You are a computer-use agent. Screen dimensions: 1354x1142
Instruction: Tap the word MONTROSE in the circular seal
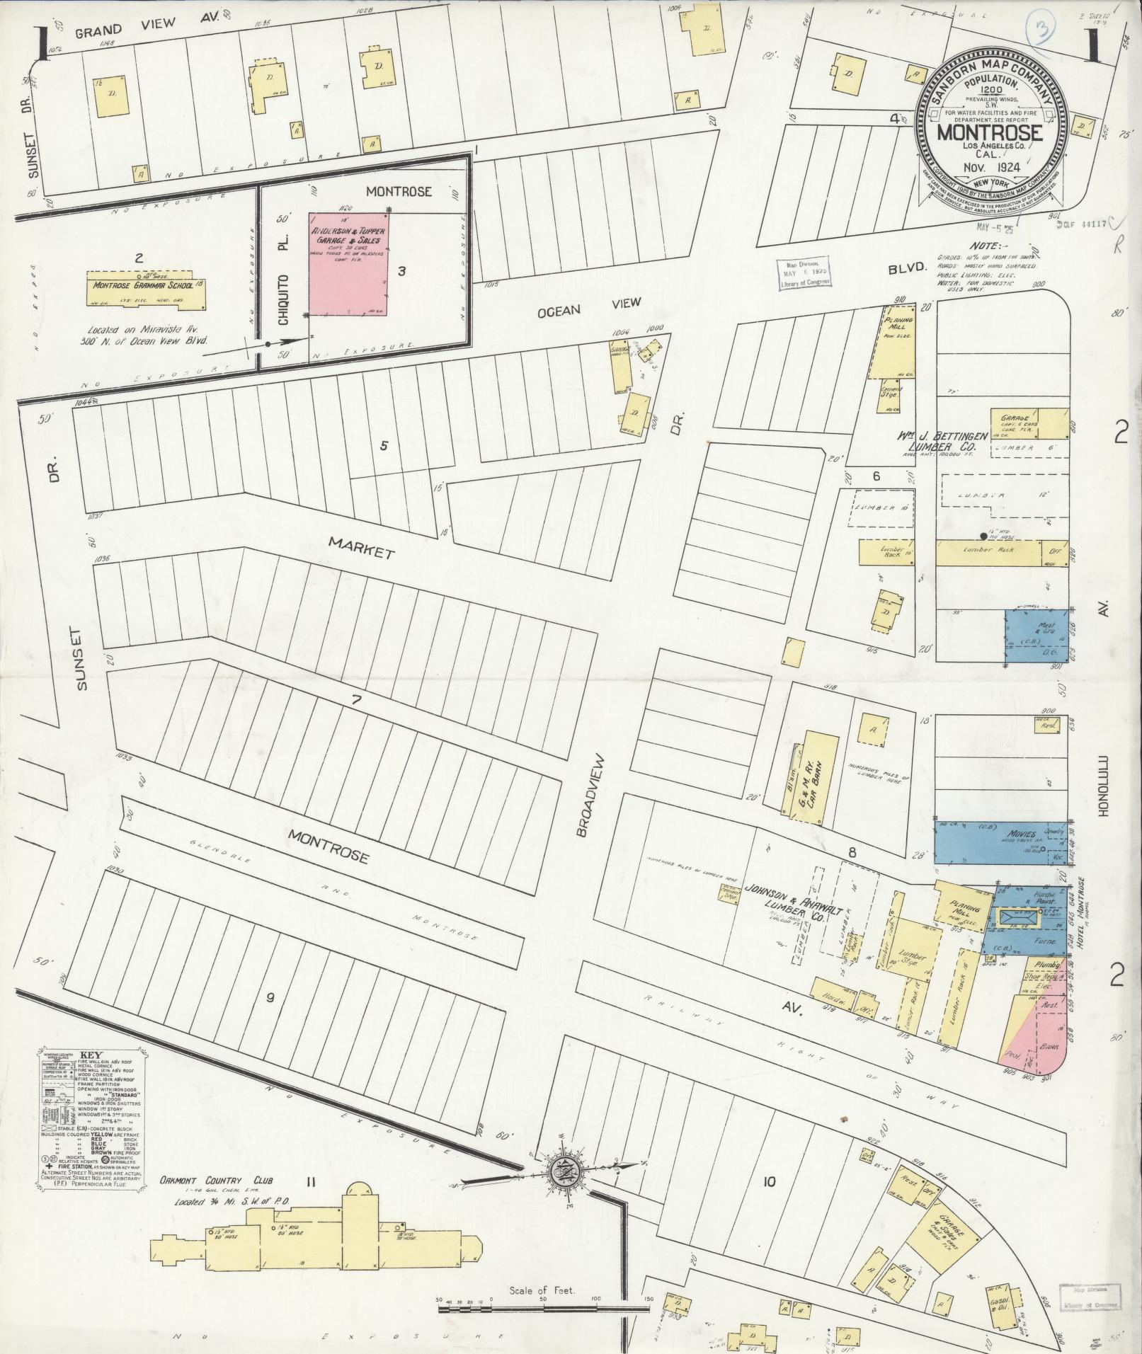click(x=990, y=132)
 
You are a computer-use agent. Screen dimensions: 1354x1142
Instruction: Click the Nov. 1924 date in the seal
click(x=990, y=168)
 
